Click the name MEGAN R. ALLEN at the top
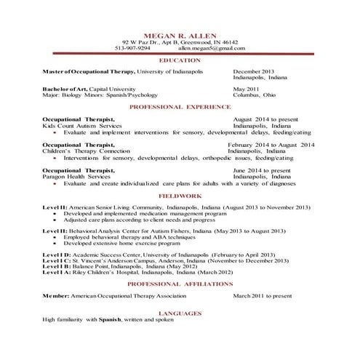click(x=180, y=34)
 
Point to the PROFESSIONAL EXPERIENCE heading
click(x=180, y=106)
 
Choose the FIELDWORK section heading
click(x=180, y=196)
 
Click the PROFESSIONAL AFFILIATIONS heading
click(x=180, y=284)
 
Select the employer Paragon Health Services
click(x=76, y=176)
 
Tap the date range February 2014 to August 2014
click(x=271, y=145)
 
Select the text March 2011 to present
click(x=262, y=296)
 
